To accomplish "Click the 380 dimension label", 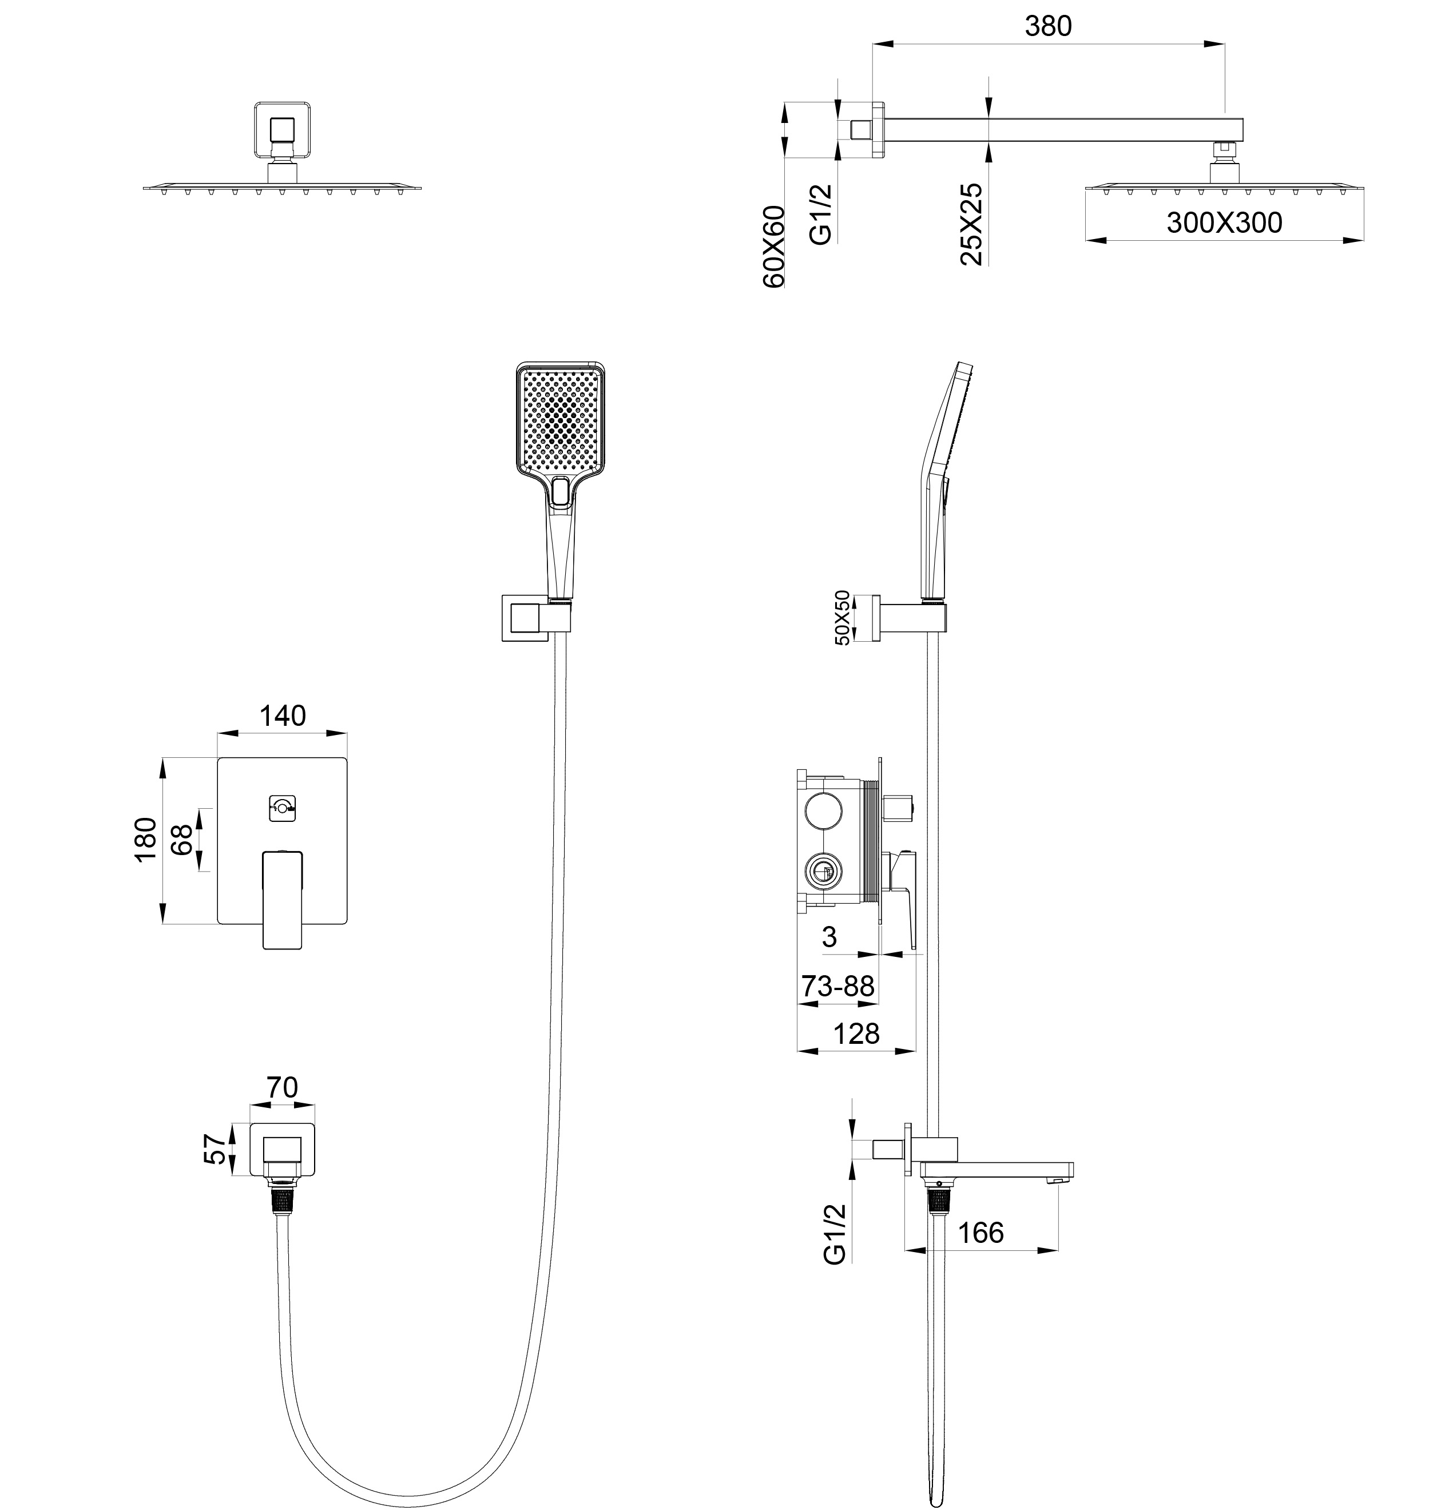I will coord(1047,27).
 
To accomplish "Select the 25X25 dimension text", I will coord(972,224).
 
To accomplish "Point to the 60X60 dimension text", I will coord(773,247).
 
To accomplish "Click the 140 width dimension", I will coord(282,716).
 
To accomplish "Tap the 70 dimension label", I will coord(282,1087).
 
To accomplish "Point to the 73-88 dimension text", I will coord(838,986).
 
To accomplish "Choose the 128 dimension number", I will coord(856,1033).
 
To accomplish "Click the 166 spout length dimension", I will coord(980,1233).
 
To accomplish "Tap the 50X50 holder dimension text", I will coord(842,618).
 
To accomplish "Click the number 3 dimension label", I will coord(829,937).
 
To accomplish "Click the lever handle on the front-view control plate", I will coord(283,897).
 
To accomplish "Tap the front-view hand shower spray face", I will coord(560,420).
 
